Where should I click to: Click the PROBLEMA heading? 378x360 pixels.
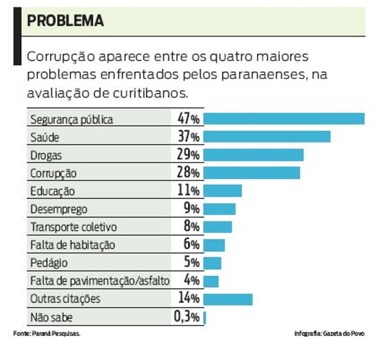pyautogui.click(x=65, y=21)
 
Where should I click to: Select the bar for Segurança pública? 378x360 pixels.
pyautogui.click(x=284, y=118)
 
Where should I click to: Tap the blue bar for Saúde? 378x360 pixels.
pyautogui.click(x=267, y=137)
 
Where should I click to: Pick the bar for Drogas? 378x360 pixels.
pyautogui.click(x=253, y=155)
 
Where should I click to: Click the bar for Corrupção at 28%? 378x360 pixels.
pyautogui.click(x=251, y=173)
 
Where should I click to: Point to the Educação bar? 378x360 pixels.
pyautogui.click(x=223, y=191)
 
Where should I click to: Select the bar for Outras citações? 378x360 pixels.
pyautogui.click(x=228, y=299)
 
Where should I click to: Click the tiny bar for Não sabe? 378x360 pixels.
pyautogui.click(x=204, y=317)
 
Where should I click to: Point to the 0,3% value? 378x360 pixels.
pyautogui.click(x=187, y=317)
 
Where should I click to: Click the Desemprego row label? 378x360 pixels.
pyautogui.click(x=58, y=209)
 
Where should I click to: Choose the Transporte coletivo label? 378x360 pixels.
pyautogui.click(x=73, y=227)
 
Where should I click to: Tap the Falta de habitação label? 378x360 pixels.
pyautogui.click(x=72, y=245)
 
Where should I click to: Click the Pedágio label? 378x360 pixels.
pyautogui.click(x=49, y=263)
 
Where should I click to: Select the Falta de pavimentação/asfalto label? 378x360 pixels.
pyautogui.click(x=100, y=281)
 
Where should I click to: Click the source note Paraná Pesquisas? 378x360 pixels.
pyautogui.click(x=46, y=334)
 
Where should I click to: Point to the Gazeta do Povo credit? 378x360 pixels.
pyautogui.click(x=329, y=334)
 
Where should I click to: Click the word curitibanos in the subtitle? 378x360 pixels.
pyautogui.click(x=154, y=92)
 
